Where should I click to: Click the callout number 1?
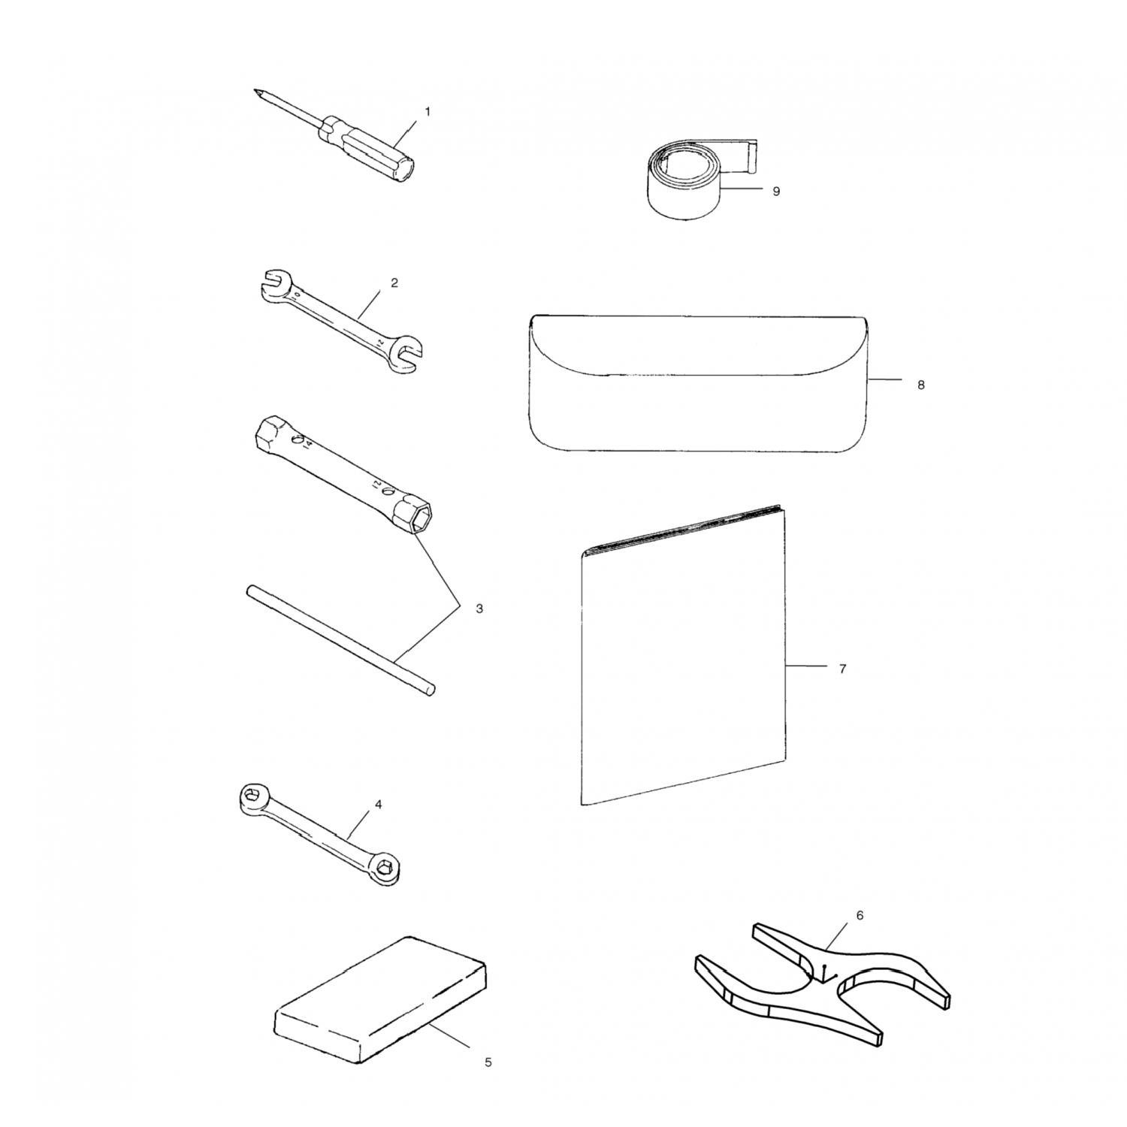pos(428,111)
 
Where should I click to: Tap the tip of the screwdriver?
pos(255,92)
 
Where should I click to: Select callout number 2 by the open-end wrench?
pos(394,283)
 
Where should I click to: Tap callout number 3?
pos(479,609)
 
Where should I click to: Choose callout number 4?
pos(379,805)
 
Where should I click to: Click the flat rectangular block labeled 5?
pos(380,999)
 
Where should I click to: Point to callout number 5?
pos(488,1062)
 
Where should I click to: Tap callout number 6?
pos(860,915)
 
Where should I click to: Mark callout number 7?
pos(842,669)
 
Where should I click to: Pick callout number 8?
pos(921,385)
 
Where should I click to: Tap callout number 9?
pos(776,191)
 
